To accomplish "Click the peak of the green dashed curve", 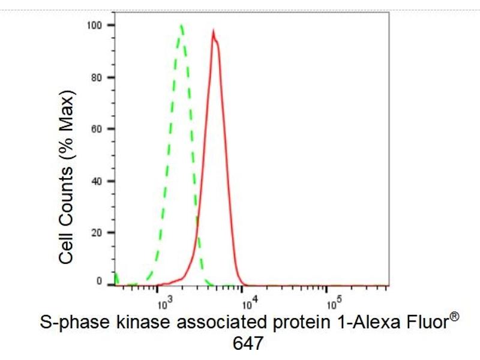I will [x=181, y=25].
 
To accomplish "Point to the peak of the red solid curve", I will [x=214, y=31].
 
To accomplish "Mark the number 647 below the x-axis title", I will [x=247, y=343].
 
